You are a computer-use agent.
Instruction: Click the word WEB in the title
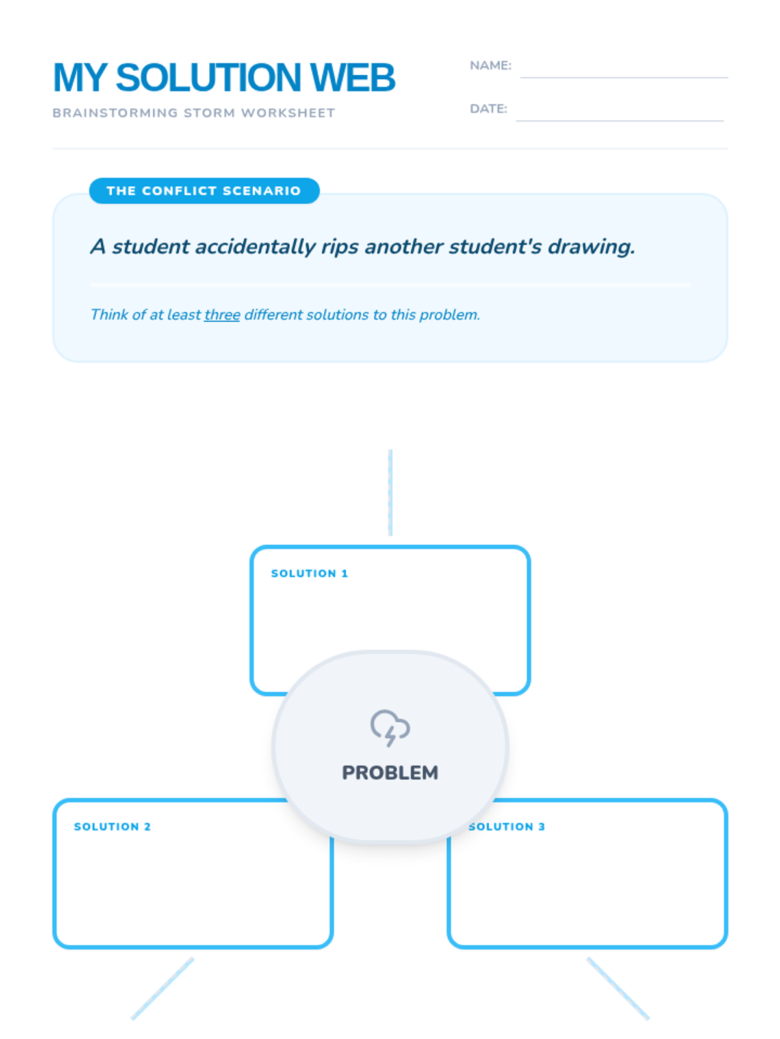[352, 78]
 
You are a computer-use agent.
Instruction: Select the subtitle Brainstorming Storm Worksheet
[194, 113]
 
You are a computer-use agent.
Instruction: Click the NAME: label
[490, 66]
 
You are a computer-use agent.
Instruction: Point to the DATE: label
[488, 109]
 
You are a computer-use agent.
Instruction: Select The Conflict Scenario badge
[204, 191]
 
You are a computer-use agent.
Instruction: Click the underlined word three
[222, 315]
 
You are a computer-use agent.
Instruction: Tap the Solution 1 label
[309, 573]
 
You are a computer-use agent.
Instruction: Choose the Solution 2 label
[112, 827]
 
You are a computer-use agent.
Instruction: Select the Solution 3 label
[507, 827]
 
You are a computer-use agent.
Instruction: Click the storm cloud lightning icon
[390, 727]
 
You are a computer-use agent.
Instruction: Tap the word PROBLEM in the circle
[390, 773]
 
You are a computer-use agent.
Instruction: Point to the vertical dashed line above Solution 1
[390, 492]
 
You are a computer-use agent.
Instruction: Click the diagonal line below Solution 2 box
[162, 988]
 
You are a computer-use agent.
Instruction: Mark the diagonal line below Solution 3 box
[617, 988]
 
